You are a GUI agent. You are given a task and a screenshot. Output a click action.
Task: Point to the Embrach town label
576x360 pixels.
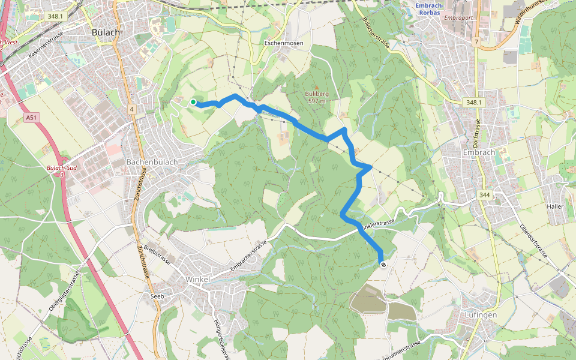coord(479,152)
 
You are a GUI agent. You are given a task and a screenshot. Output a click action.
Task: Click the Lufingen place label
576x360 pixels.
coord(481,314)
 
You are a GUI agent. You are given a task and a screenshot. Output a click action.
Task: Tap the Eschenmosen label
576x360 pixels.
coord(284,43)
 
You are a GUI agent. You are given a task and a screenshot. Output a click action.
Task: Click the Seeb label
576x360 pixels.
coord(157,296)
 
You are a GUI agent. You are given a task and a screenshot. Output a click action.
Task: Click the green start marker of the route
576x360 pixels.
coord(193,103)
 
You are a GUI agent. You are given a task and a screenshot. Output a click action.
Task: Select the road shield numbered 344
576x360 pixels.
coord(485,195)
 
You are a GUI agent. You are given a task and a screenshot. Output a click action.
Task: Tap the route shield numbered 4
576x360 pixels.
coord(131,109)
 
